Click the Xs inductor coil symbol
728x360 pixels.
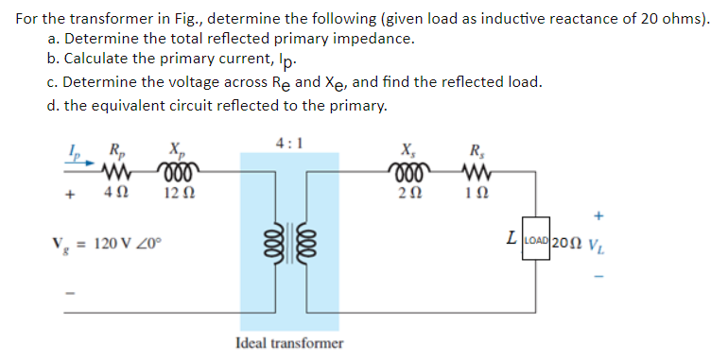click(408, 174)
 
